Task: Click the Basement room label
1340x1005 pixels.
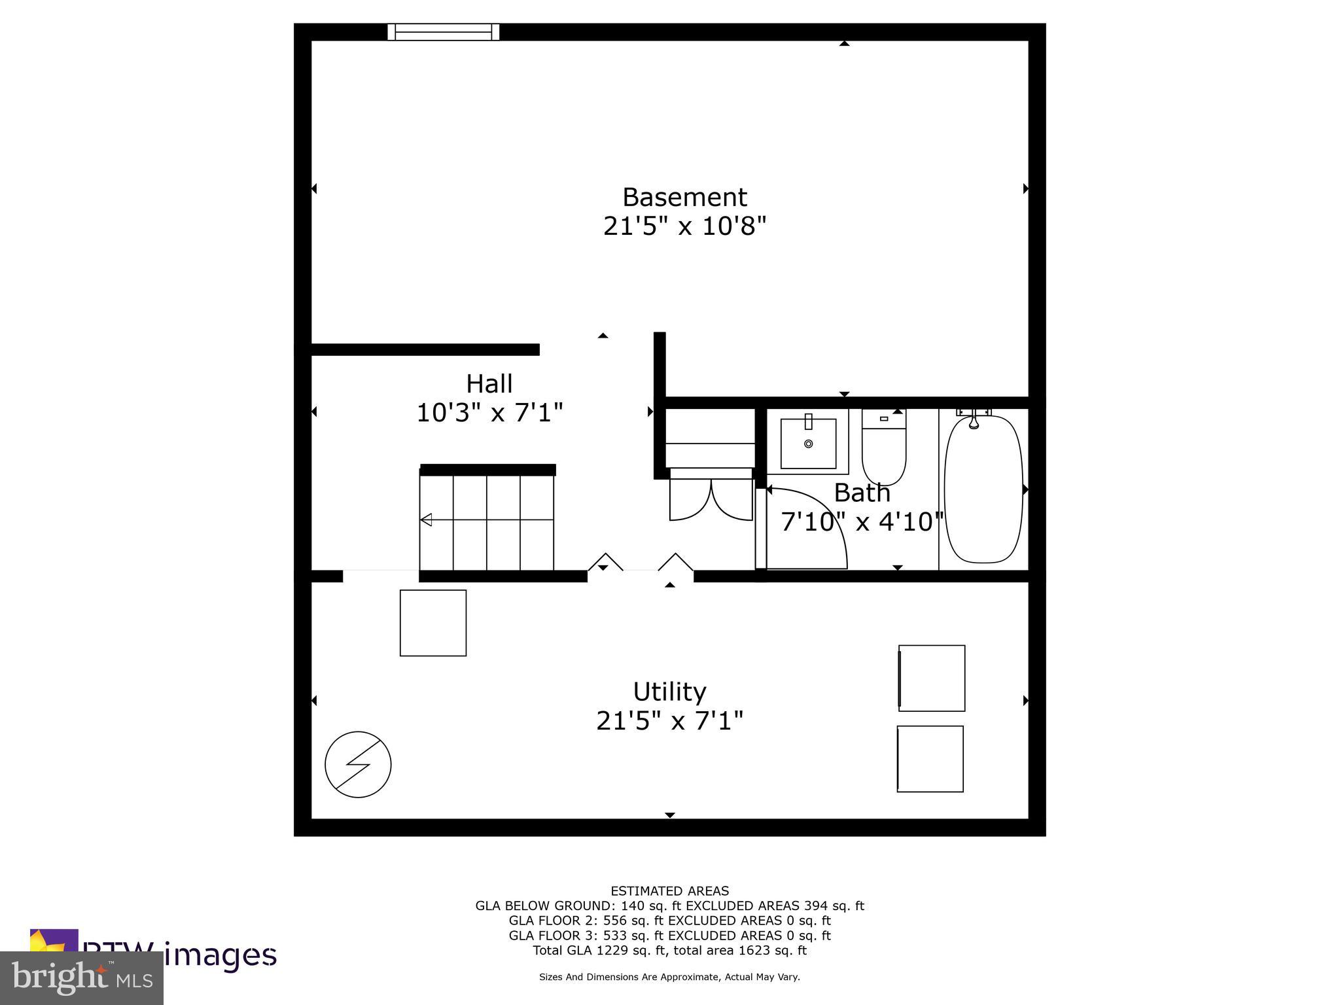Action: point(684,197)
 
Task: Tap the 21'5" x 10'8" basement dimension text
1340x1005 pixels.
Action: point(684,227)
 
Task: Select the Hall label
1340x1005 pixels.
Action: point(489,383)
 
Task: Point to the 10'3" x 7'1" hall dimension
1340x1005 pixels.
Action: point(489,413)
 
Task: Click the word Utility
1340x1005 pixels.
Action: point(669,692)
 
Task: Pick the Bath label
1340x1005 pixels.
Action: point(862,493)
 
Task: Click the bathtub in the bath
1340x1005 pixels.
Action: point(983,489)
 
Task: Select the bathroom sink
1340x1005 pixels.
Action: point(808,443)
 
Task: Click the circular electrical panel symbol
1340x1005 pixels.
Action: point(358,764)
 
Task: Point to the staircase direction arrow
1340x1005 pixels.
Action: point(427,520)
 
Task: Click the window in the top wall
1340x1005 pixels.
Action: point(444,32)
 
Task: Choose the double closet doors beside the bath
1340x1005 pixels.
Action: point(711,500)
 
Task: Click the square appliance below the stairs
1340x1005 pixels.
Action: point(433,623)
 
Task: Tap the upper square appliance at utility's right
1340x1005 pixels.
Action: point(932,678)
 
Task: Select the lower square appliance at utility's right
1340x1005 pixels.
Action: point(930,759)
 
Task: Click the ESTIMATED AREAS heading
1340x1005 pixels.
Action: point(669,890)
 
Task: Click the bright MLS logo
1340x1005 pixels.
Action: point(82,977)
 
